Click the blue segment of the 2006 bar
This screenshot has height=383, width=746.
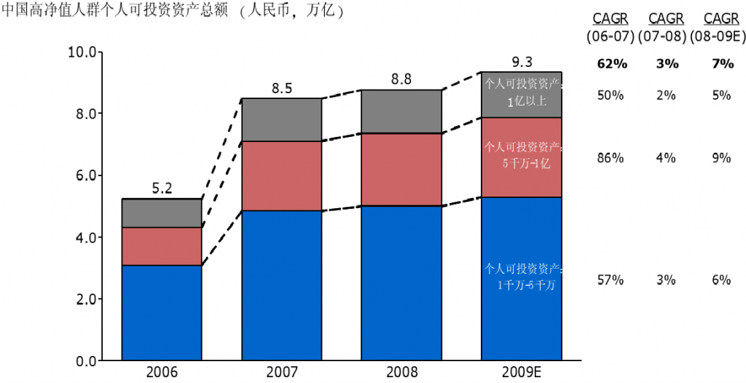pos(162,312)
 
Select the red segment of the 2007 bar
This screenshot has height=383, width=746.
pos(281,175)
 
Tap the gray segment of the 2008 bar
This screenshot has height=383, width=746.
pos(401,111)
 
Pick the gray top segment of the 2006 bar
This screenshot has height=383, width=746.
pos(162,213)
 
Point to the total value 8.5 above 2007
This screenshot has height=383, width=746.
pos(281,89)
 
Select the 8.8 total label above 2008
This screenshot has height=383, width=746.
pos(401,80)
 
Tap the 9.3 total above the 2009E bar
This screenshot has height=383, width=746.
pos(522,62)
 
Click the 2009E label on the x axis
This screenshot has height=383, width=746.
pos(522,373)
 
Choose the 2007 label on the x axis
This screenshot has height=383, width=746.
pos(281,373)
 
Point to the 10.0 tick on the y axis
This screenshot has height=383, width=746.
pos(81,52)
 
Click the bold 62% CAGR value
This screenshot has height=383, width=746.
pos(612,64)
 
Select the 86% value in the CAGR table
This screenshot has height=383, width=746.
pos(612,157)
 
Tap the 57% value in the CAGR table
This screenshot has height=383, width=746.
pos(612,280)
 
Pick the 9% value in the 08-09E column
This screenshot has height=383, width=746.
pos(722,157)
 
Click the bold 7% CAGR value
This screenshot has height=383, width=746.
pos(722,64)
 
